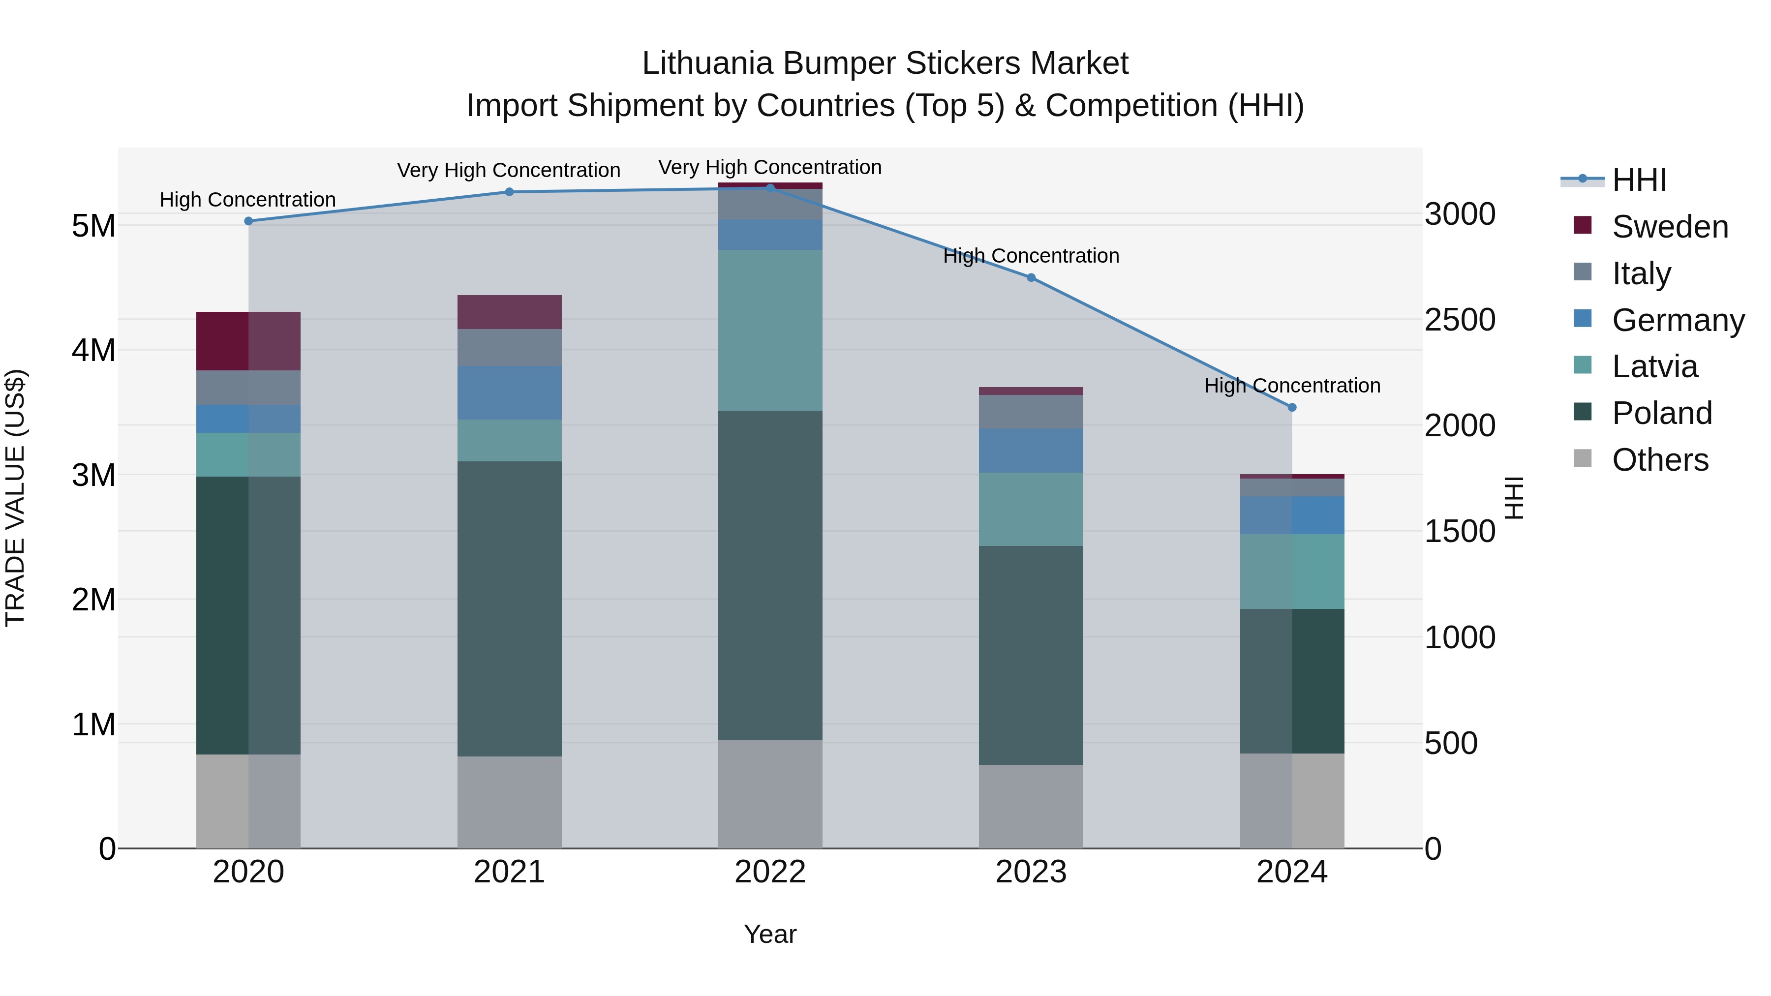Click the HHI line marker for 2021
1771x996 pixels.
click(510, 192)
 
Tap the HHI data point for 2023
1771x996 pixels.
click(1031, 278)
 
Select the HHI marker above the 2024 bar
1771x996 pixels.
click(1292, 408)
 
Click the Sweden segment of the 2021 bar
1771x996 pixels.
click(510, 312)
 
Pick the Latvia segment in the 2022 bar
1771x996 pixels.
click(770, 330)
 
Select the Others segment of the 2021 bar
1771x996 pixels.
click(510, 802)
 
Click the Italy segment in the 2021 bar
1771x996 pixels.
click(510, 347)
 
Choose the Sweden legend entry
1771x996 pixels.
click(1669, 227)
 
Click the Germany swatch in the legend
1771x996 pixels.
click(1583, 318)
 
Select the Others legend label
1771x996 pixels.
click(1660, 460)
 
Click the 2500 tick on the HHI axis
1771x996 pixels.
click(1460, 320)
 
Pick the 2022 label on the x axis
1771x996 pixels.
click(770, 872)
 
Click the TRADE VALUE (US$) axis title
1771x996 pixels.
click(16, 498)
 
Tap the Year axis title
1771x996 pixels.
click(770, 934)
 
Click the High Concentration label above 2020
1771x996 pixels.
click(247, 200)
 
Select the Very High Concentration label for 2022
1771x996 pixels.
click(770, 167)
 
